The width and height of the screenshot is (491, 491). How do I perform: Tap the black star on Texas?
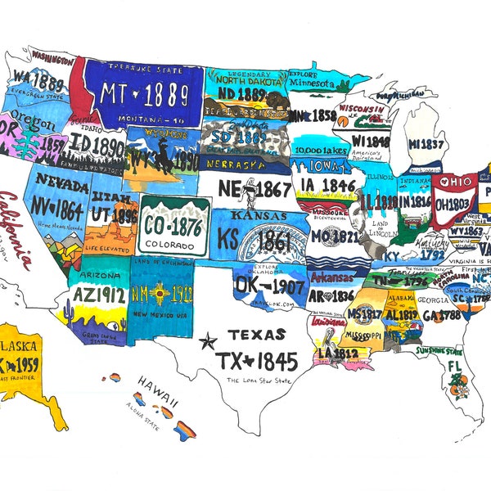(209, 340)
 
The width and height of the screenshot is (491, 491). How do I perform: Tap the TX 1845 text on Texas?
(258, 359)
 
